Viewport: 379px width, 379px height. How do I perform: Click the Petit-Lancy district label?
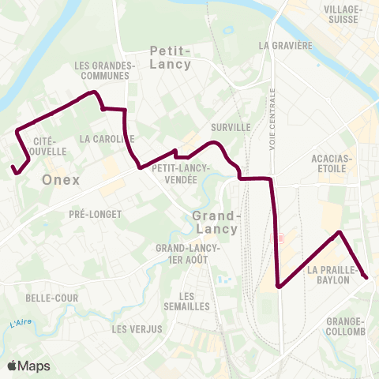170,57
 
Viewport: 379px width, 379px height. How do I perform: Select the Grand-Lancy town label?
216,222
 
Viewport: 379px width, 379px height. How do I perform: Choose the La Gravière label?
286,45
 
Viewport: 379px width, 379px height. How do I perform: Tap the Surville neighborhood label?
231,126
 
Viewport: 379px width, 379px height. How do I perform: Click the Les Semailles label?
183,300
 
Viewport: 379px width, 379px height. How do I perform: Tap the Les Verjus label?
137,328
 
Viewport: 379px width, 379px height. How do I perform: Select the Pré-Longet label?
95,213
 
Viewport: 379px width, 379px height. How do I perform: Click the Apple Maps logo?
28,366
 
